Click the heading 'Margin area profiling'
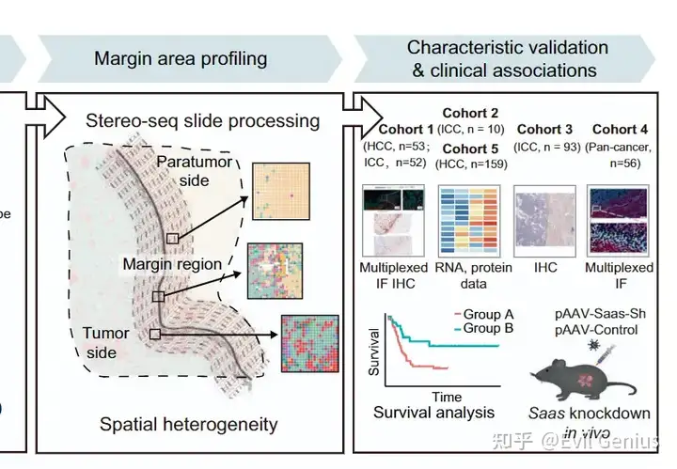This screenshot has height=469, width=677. (181, 58)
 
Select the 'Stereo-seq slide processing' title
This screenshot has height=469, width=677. (202, 121)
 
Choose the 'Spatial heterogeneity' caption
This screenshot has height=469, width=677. (189, 424)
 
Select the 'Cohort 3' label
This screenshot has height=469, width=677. (544, 129)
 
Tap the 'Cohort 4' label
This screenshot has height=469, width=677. (618, 129)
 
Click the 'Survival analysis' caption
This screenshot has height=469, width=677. (433, 413)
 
